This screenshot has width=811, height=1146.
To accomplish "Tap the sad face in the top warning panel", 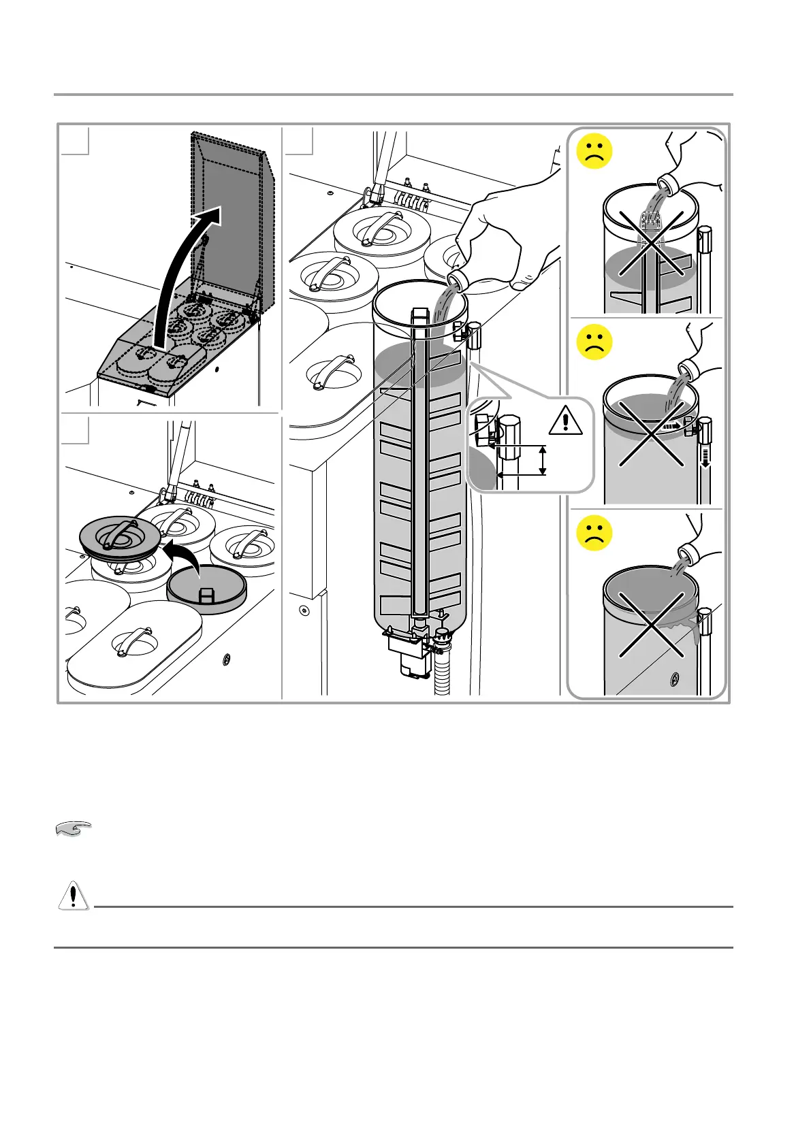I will point(594,152).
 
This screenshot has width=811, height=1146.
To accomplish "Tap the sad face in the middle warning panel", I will point(594,342).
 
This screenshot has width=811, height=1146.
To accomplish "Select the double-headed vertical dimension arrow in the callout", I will point(543,461).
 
